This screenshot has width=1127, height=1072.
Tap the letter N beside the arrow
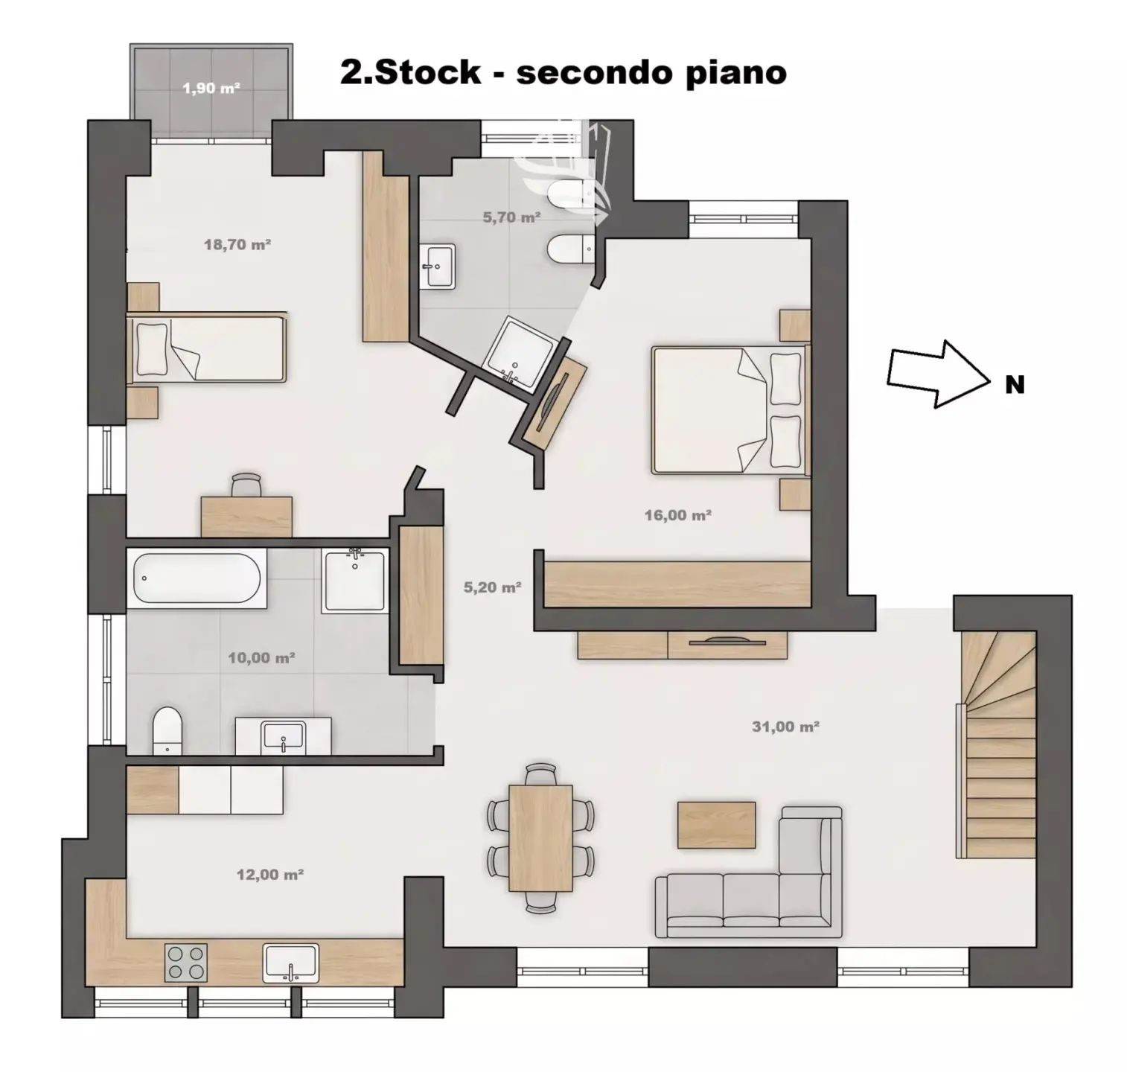(x=1015, y=385)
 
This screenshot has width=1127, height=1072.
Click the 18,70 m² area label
(x=237, y=244)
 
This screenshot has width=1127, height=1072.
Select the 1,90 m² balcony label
(x=211, y=89)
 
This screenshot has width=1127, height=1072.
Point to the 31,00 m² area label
(x=785, y=727)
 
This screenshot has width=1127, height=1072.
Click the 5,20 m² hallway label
(x=492, y=587)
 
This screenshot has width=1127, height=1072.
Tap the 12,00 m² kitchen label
(x=269, y=875)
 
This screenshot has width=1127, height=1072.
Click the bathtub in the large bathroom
(x=197, y=578)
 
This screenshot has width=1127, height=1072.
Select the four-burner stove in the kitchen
(x=186, y=963)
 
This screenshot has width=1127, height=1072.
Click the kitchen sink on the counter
(x=290, y=963)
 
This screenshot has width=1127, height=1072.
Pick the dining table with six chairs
(x=540, y=837)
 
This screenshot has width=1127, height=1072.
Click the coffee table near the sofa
(x=716, y=825)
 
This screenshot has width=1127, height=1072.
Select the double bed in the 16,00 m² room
(x=729, y=409)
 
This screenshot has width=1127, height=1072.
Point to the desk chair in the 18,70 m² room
(x=246, y=484)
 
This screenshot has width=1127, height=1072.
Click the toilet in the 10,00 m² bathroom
(x=167, y=731)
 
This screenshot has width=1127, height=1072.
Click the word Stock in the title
(x=427, y=72)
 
